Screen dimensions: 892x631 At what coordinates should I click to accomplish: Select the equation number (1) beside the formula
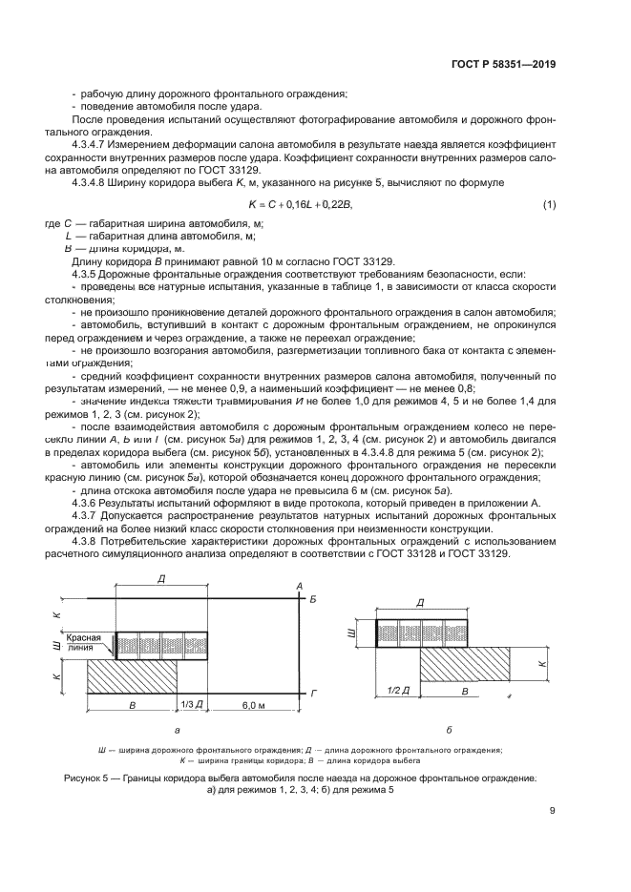point(549,205)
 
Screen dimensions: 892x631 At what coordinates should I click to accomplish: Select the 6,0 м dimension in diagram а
point(252,704)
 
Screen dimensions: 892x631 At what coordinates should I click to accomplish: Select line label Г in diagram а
point(313,689)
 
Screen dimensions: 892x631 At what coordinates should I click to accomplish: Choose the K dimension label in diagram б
point(545,661)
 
